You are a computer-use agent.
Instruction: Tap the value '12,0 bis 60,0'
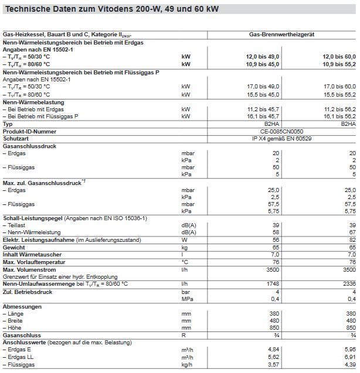point(338,56)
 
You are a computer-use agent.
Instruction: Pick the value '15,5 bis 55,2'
point(338,94)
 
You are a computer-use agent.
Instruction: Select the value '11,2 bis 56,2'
point(338,109)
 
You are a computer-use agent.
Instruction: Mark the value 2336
point(348,283)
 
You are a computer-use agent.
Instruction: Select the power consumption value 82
point(352,239)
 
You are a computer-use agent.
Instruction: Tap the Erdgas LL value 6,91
point(349,356)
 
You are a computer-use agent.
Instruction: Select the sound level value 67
point(352,232)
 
